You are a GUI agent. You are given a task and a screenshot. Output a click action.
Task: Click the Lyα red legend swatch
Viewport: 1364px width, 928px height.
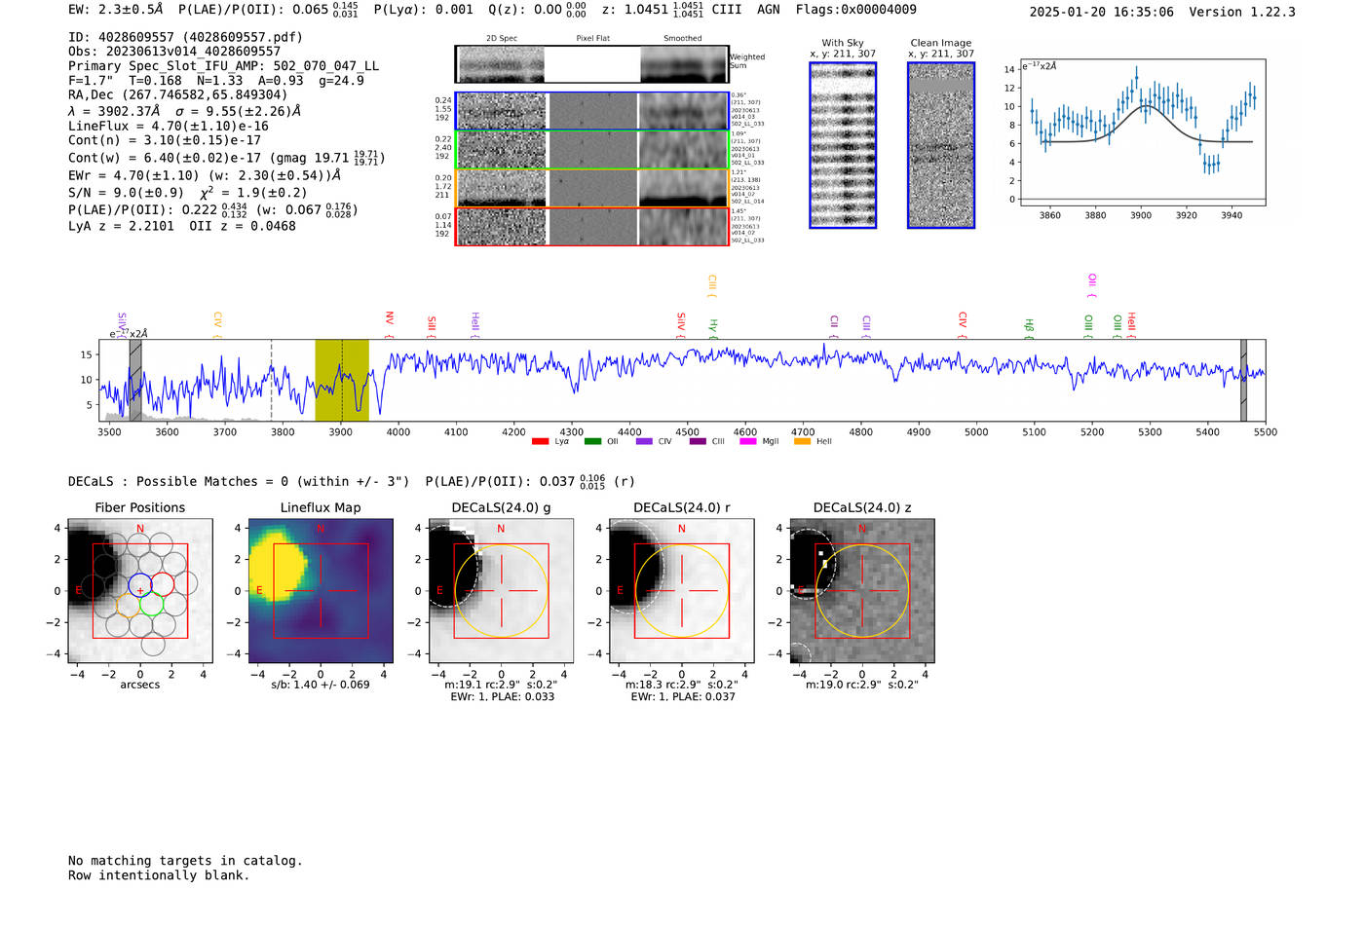[x=540, y=442]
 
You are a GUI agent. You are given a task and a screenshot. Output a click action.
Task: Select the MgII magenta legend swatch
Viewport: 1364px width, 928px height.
[x=747, y=442]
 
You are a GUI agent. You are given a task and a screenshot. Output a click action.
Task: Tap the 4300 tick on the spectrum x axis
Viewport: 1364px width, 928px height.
[x=572, y=431]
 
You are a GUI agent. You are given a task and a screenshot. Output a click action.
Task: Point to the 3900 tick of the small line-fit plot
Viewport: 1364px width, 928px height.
[x=1141, y=215]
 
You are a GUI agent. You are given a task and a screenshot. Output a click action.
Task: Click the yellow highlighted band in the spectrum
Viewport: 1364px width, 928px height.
[x=341, y=380]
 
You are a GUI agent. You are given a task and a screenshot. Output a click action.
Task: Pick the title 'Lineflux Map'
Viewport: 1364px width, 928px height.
[x=320, y=507]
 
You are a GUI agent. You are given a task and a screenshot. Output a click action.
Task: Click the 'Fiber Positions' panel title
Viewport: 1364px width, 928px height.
[x=139, y=507]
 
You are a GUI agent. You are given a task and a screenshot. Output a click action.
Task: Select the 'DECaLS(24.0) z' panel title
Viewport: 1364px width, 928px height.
[x=861, y=507]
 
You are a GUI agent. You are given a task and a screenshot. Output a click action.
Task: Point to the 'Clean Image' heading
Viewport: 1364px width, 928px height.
[x=940, y=43]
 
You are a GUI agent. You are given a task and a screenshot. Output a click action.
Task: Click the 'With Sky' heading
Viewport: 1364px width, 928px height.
[x=842, y=43]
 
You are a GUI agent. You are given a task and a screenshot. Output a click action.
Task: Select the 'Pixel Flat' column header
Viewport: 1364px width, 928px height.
[x=592, y=38]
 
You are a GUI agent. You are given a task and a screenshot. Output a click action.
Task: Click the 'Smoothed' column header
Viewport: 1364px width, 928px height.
[x=682, y=38]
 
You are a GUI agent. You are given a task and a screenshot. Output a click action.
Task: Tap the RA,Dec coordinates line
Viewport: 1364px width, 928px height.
[x=177, y=94]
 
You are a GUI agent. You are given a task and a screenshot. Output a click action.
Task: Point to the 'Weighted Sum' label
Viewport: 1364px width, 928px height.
[x=746, y=61]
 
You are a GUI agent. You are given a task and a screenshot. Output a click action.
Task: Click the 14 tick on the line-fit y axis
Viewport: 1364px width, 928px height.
[x=1010, y=69]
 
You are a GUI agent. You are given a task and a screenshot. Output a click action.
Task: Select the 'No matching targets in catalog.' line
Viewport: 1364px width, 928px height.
[x=185, y=861]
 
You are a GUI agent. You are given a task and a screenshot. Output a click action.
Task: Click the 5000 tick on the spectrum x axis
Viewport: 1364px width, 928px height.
[x=976, y=431]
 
